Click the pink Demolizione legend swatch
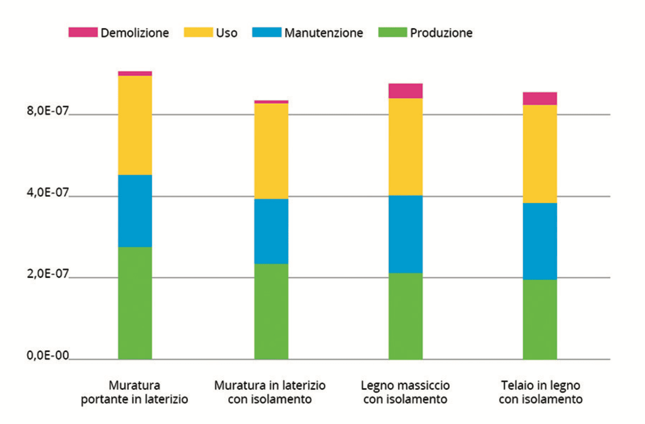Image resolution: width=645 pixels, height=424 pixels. point(83,32)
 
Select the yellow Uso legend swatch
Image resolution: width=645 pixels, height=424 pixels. point(198,32)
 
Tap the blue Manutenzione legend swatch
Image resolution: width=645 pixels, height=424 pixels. point(266,32)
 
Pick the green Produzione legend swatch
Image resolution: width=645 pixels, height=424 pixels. point(392,32)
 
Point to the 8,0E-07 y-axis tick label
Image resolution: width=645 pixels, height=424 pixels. point(47,111)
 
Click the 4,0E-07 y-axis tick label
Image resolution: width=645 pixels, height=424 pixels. point(47,193)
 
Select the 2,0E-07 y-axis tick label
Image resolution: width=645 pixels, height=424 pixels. point(47,274)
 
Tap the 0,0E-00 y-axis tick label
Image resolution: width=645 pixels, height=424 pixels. point(47,355)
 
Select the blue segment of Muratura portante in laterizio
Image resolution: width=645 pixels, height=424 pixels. point(135,211)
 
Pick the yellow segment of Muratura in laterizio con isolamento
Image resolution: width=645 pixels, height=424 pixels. point(271,151)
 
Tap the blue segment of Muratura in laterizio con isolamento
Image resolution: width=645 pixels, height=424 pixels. point(271,231)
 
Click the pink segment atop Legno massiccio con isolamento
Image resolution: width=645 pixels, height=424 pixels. point(405,91)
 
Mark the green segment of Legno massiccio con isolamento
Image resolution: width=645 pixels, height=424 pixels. point(405,316)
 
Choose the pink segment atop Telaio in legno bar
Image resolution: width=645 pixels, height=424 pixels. point(540,99)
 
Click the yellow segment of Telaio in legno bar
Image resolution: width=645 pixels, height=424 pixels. point(540,154)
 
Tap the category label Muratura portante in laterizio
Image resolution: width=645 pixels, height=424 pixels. point(135,392)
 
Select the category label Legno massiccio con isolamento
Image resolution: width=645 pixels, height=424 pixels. point(405,392)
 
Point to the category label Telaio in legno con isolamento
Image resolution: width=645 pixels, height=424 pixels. point(540,392)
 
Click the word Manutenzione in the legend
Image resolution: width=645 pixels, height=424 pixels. point(323,33)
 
